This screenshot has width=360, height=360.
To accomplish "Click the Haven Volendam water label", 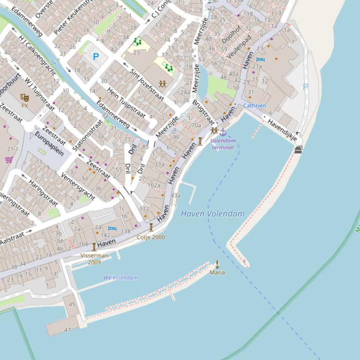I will click(213, 214).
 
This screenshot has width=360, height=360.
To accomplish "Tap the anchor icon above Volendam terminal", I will click(223, 132).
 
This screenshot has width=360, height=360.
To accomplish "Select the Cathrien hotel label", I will click(254, 106).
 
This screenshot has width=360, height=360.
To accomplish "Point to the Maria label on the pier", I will click(217, 272).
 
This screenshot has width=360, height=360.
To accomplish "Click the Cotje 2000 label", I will click(151, 237).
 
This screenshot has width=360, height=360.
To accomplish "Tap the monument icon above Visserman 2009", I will click(94, 247).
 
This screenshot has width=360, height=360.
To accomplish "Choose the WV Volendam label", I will click(121, 278).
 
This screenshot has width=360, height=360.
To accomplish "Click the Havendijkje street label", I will click(282, 130).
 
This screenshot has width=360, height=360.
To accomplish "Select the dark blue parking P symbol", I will click(96, 57).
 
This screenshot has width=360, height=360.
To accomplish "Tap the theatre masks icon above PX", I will click(24, 97).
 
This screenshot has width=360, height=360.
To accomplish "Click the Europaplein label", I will click(49, 144).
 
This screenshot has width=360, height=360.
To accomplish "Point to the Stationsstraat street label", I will click(88, 135).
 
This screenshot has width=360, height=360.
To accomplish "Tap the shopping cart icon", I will click(8, 160).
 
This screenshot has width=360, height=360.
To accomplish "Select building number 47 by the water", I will click(67, 330).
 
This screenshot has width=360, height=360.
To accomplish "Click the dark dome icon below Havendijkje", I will click(298, 150).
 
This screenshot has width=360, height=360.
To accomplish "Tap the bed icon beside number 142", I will click(112, 228).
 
